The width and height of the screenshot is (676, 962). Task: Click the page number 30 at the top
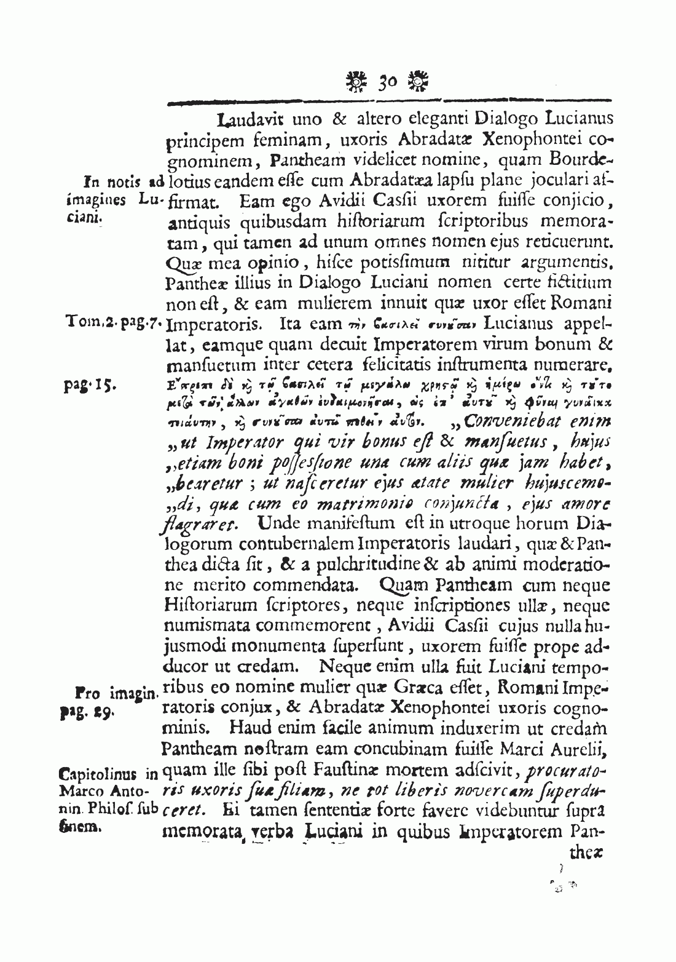click(x=388, y=80)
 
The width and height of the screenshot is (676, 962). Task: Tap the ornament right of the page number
click(x=420, y=80)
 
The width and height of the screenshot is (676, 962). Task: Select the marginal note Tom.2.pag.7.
click(x=113, y=322)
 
